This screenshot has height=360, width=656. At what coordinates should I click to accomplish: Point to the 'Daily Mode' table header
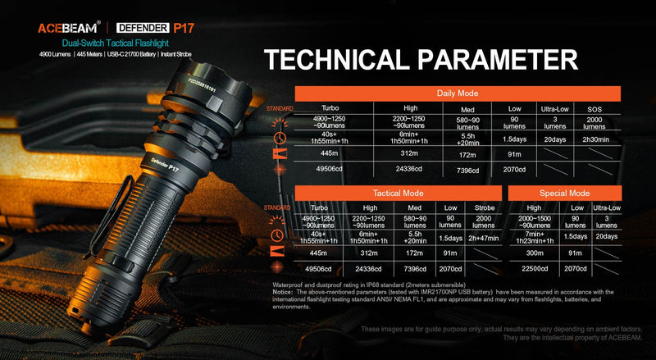click(458, 94)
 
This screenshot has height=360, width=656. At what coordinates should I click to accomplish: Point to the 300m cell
click(534, 254)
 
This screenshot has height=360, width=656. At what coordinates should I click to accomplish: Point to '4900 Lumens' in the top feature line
click(55, 54)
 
